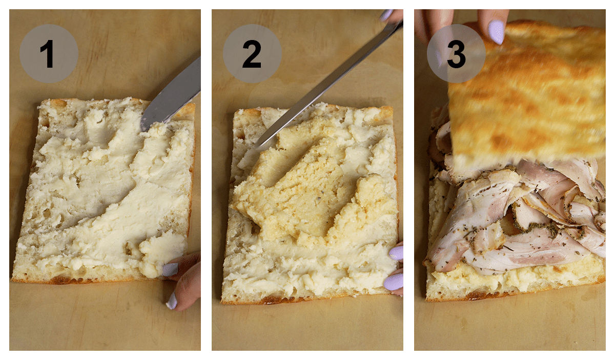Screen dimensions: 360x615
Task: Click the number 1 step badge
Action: pyautogui.click(x=49, y=53)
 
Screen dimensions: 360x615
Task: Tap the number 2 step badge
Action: pyautogui.click(x=252, y=53)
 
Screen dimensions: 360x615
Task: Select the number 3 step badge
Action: pyautogui.click(x=456, y=53)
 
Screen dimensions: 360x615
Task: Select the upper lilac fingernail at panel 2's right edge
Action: pyautogui.click(x=396, y=253)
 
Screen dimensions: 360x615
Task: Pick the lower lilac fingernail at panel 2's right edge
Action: pyautogui.click(x=394, y=282)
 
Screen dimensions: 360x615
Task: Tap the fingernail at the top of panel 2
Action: pyautogui.click(x=386, y=15)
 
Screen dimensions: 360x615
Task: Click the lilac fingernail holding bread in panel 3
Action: pyautogui.click(x=496, y=32)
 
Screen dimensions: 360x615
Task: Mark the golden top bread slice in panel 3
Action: pyautogui.click(x=528, y=92)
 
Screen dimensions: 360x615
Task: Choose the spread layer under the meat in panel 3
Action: pyautogui.click(x=512, y=279)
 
